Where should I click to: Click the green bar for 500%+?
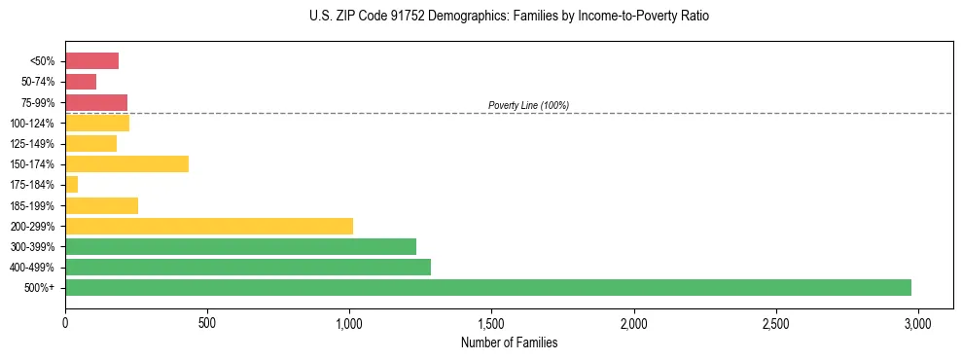[487, 287]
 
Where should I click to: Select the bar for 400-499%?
[247, 267]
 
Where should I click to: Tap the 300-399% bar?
[240, 246]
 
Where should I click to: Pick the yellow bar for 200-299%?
[208, 226]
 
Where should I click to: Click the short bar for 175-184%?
[71, 185]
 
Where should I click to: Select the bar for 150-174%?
[126, 164]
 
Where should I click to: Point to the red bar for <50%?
[91, 61]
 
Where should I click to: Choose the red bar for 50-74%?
[81, 82]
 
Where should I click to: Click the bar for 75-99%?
[96, 102]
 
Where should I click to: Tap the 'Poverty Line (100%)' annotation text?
[528, 105]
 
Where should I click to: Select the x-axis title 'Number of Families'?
[510, 342]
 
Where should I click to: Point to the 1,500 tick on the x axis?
[491, 322]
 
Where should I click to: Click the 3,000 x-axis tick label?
[917, 322]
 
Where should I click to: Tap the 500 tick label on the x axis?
[207, 322]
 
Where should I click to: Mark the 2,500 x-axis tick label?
[775, 322]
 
